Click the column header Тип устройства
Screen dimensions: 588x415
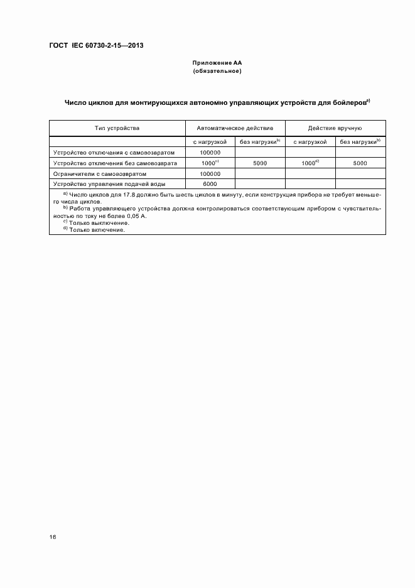click(117, 128)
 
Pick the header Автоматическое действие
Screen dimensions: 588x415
click(235, 128)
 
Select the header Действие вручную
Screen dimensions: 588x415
click(335, 128)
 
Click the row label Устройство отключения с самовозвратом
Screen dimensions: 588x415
click(117, 153)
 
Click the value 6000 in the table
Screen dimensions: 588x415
click(210, 184)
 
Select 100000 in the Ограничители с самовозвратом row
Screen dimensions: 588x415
click(210, 173)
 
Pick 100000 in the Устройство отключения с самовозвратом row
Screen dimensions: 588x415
click(210, 153)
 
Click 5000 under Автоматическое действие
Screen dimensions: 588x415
click(260, 163)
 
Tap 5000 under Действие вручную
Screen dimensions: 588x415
click(360, 163)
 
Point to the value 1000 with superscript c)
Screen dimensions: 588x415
click(208, 163)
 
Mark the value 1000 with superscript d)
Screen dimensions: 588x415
click(309, 163)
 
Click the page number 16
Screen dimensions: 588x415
click(53, 537)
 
